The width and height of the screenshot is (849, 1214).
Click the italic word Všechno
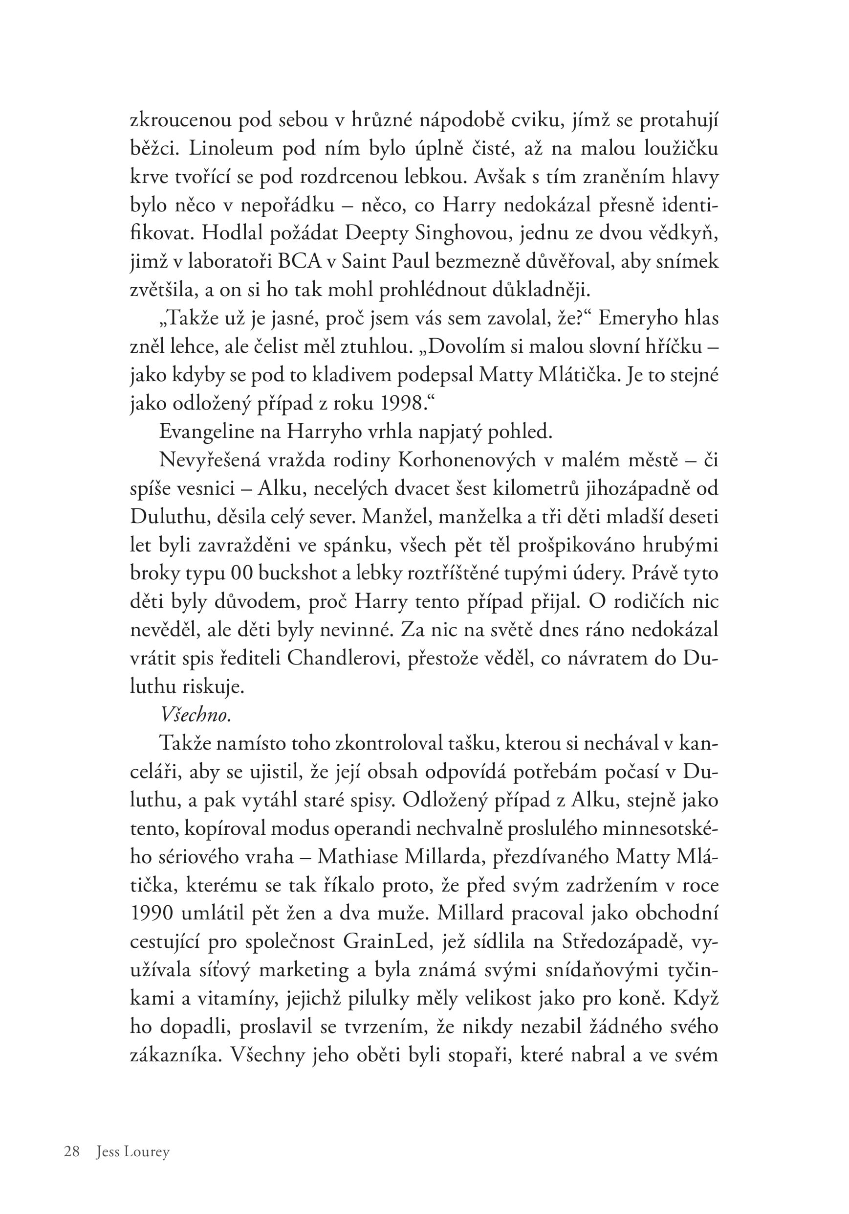(x=195, y=715)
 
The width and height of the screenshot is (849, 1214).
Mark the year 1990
(x=151, y=913)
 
